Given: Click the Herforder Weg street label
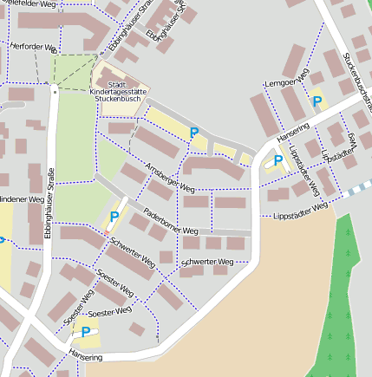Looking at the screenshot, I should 34,48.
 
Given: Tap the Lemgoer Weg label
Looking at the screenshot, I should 285,81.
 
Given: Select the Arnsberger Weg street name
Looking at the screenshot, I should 170,178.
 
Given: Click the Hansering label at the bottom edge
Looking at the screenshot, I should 85,356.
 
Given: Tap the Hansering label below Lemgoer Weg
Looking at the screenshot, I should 292,131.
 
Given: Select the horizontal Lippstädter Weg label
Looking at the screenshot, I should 300,211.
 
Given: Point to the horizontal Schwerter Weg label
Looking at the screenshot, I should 207,261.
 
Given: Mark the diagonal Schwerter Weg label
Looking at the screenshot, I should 133,251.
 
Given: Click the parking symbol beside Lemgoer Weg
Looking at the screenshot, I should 317,101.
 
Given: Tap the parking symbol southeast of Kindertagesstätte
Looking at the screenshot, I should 194,133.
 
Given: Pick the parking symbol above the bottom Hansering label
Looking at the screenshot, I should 86,331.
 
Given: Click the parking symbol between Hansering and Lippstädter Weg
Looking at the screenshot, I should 277,160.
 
